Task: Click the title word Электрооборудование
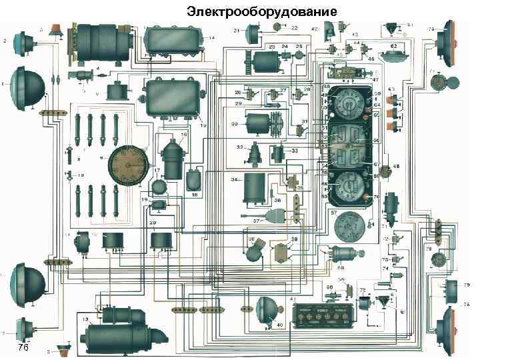coord(262,12)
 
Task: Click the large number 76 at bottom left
coord(23,349)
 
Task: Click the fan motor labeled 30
coord(260,124)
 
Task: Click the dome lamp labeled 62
coord(394,54)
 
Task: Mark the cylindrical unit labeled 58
coord(345,253)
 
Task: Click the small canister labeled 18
coord(194,179)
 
